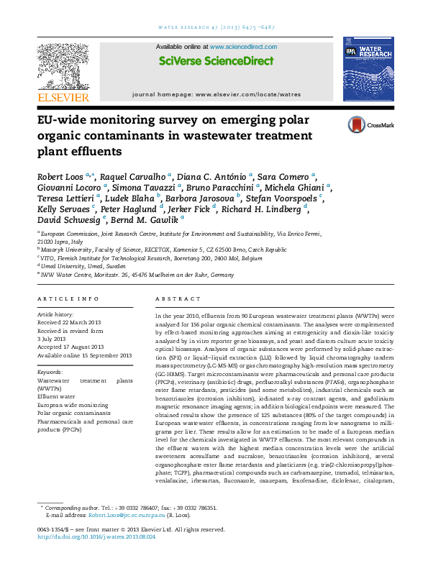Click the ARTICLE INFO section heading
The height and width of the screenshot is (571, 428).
pos(68,298)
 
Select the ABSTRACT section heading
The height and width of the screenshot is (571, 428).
pos(173,298)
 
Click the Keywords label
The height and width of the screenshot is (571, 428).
pos(53,372)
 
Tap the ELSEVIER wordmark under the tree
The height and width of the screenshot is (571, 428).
pos(65,98)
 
